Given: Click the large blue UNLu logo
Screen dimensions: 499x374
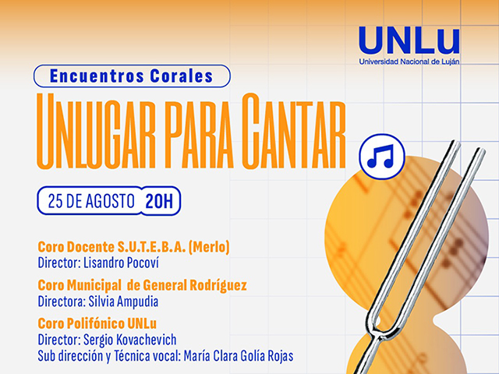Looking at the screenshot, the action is [x=409, y=41].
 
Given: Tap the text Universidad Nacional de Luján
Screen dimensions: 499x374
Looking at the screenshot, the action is [x=409, y=62].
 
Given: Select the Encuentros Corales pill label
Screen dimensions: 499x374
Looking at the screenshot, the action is [x=132, y=76].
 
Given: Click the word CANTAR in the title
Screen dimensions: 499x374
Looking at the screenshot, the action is [x=294, y=131].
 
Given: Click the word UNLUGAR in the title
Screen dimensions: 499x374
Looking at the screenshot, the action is [x=96, y=131].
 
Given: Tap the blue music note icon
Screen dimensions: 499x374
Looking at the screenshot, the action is [x=381, y=157].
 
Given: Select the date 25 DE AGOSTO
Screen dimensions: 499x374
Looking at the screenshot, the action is [x=91, y=201].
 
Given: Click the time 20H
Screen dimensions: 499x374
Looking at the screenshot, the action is [x=159, y=201].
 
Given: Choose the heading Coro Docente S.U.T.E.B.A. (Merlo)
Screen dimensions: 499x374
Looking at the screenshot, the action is [x=133, y=247].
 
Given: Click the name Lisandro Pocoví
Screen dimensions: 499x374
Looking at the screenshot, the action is [x=121, y=263].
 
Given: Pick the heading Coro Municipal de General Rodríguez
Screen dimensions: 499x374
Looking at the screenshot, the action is [x=142, y=285].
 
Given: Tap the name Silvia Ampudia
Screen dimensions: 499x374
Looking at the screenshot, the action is [x=123, y=302].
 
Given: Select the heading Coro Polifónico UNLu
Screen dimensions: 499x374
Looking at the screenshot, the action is [x=97, y=324].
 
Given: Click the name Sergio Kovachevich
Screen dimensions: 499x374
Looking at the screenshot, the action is [x=129, y=340].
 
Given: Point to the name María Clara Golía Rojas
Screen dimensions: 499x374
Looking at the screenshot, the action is [x=239, y=356].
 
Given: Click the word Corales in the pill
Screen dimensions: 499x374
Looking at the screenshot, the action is [x=182, y=76].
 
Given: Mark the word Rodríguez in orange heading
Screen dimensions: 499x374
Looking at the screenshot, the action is [x=218, y=285].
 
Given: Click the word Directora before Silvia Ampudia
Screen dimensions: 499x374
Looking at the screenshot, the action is [x=62, y=302].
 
